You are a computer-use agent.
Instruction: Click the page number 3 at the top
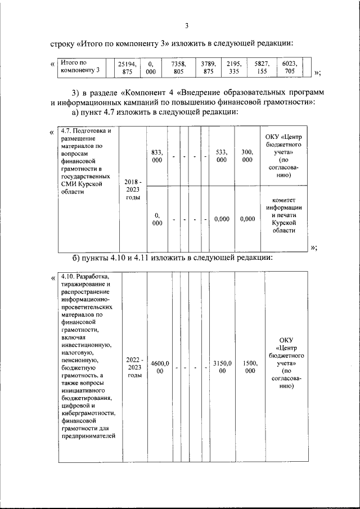coord(186,25)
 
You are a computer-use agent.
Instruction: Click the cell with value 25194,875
coord(127,68)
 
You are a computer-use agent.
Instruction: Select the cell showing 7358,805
coord(179,68)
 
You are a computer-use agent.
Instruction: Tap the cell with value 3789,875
coord(208,68)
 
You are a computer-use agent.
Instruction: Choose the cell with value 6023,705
coord(289,68)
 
